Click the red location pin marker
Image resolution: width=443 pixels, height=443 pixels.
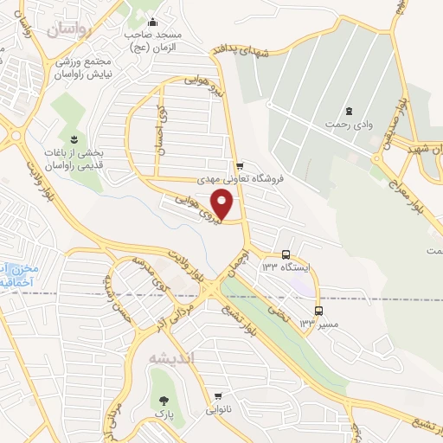(223, 204)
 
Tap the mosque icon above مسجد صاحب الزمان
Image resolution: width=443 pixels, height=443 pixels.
(153, 22)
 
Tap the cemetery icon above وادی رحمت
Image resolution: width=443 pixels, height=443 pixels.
(349, 111)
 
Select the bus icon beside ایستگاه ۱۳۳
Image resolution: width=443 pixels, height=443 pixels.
(286, 254)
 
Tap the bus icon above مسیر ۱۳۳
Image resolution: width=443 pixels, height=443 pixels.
(319, 311)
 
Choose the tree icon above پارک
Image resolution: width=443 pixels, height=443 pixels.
(162, 400)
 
